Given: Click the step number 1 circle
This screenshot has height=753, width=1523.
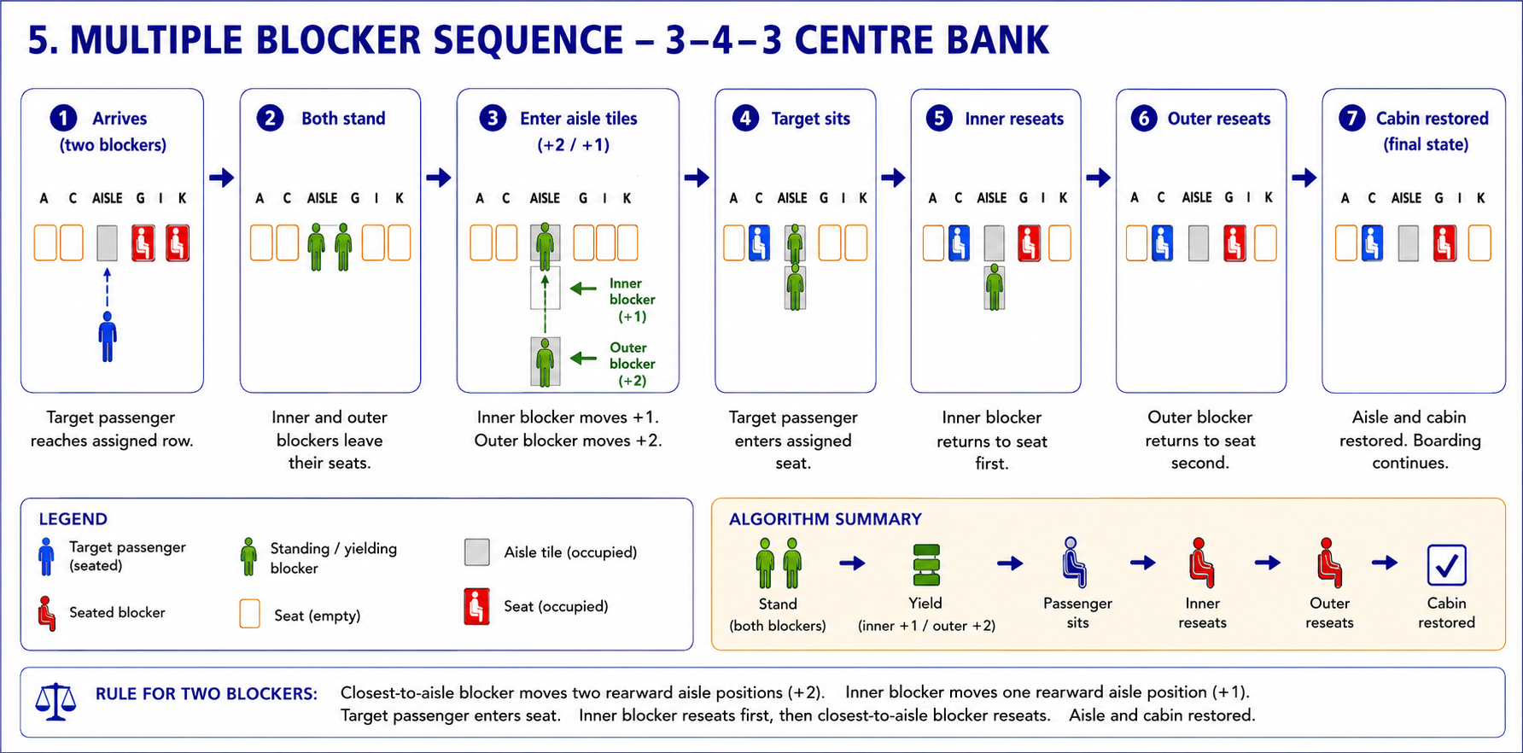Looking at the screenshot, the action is (63, 118).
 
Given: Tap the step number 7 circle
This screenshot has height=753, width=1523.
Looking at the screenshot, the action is (1352, 118).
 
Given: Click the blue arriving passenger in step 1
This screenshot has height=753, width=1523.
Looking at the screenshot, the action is (107, 336).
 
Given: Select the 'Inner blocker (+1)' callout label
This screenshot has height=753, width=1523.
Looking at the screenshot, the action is (632, 300).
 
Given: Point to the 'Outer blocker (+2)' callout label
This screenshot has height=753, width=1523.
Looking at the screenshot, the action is (632, 364).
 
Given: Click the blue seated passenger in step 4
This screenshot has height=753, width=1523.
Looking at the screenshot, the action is (759, 242).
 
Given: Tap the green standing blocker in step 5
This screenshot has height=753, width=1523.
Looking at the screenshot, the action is (994, 287).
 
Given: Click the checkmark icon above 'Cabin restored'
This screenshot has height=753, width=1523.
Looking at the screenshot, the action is (1446, 564).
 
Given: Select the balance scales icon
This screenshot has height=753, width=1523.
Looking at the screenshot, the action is (55, 702).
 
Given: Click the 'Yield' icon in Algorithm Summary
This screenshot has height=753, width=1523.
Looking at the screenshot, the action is (926, 565).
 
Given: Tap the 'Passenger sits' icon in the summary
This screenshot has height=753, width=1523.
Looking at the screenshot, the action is (1074, 562).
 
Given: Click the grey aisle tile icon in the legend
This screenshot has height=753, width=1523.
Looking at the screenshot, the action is (477, 552).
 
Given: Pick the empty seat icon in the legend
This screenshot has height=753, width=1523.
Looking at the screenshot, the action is (249, 614).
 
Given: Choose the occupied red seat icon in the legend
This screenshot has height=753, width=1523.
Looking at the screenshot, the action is (476, 607).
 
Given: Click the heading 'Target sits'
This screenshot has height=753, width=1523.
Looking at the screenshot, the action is (811, 119).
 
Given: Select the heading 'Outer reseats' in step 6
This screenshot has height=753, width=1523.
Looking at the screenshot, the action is (1219, 119).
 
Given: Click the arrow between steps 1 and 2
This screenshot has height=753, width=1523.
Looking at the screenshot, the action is (222, 178).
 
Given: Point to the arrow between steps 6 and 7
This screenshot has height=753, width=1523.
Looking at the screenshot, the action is (1304, 178).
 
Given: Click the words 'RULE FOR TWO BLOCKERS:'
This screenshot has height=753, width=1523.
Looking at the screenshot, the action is (207, 694).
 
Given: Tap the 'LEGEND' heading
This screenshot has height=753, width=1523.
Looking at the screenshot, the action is (73, 519).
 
